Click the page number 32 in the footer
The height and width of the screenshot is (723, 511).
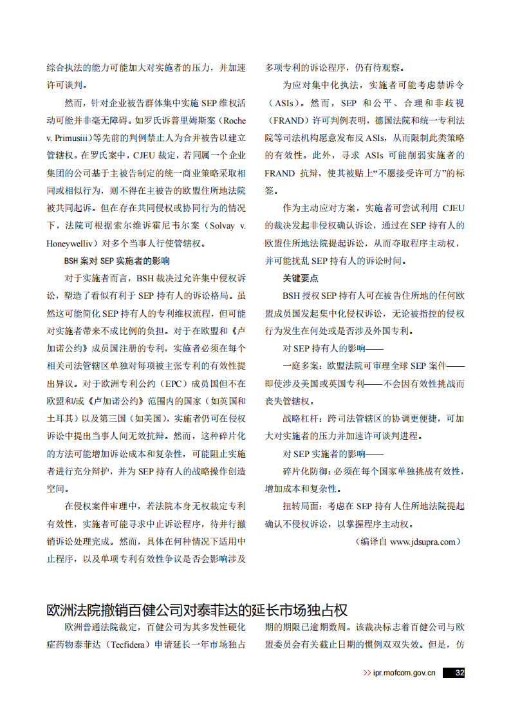pyautogui.click(x=460, y=673)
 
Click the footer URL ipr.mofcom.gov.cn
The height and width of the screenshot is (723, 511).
pyautogui.click(x=404, y=673)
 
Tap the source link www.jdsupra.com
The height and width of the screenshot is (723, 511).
pyautogui.click(x=423, y=541)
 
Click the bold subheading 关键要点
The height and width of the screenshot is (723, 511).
pyautogui.click(x=301, y=279)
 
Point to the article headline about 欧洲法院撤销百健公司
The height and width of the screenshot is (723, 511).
pyautogui.click(x=198, y=610)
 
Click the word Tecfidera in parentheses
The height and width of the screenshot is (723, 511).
pyautogui.click(x=128, y=644)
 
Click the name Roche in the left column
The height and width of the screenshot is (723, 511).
pyautogui.click(x=232, y=120)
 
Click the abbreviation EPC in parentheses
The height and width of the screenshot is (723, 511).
pyautogui.click(x=173, y=384)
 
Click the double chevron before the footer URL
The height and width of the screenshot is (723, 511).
pyautogui.click(x=367, y=673)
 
